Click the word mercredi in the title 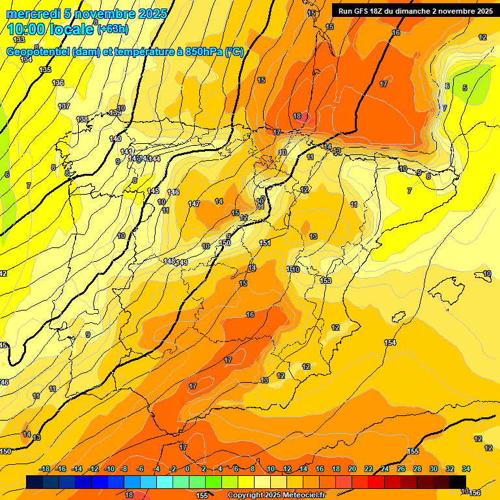pos(35,14)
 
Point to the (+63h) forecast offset pos(113,29)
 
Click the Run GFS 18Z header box pos(415,10)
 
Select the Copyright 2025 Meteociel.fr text pos(276,495)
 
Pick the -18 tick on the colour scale pos(45,469)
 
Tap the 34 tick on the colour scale pos(466,469)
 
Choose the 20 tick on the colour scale pos(352,469)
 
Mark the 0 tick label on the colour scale pos(187,469)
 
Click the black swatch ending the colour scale pos(457,482)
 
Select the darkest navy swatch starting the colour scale pos(34,482)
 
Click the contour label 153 pos(326,281)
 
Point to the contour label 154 pos(390,342)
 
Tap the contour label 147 pos(194,204)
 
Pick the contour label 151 pos(265,243)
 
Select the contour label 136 pos(58,83)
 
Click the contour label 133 pos(19,40)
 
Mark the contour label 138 pos(82,119)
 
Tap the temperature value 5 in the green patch pos(464,88)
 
